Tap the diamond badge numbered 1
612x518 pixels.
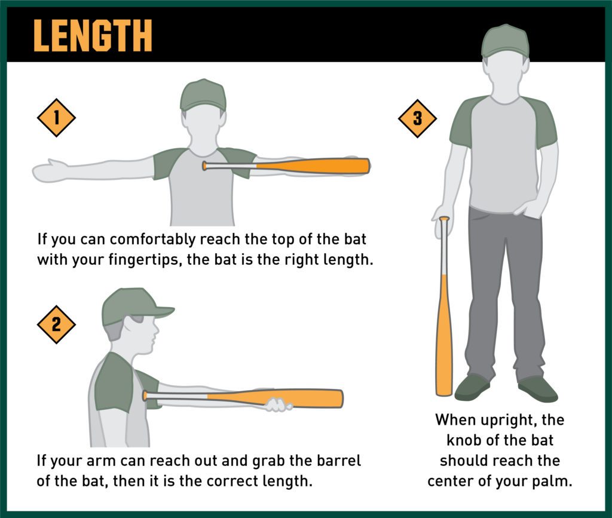tap(56, 118)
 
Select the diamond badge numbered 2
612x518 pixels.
tap(56, 324)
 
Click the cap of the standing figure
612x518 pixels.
tap(505, 41)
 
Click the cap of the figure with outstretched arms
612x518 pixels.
tap(203, 94)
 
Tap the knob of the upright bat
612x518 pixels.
tap(444, 220)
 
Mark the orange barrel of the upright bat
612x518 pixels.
tap(444, 335)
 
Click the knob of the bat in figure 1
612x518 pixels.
tap(204, 165)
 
